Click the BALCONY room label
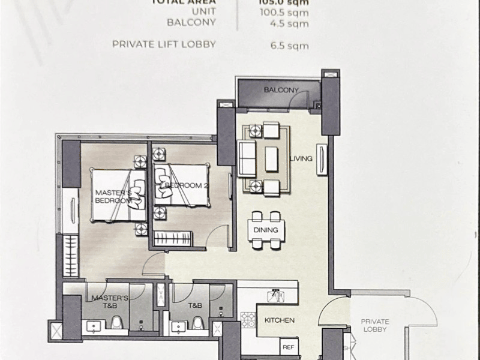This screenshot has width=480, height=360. [281, 90]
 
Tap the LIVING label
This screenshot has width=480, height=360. [301, 158]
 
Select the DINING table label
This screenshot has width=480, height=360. [265, 230]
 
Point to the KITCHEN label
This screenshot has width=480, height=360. [280, 320]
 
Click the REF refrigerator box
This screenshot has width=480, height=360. [289, 347]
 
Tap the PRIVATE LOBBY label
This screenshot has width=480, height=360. [375, 325]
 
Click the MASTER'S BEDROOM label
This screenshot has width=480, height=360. [112, 197]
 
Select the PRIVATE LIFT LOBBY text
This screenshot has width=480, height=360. [164, 44]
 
